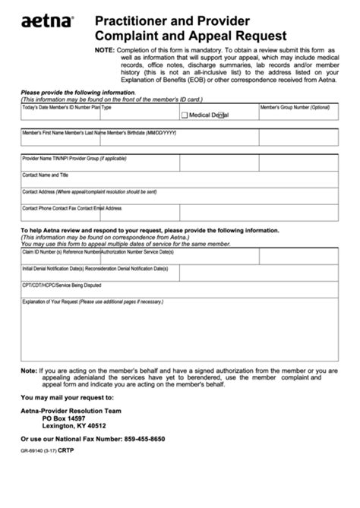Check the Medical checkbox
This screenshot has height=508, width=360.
[185, 115]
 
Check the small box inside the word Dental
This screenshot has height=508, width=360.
[220, 115]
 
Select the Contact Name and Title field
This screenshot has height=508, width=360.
[179, 181]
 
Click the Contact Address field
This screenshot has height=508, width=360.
[179, 197]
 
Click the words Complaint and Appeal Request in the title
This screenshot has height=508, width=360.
[191, 35]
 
